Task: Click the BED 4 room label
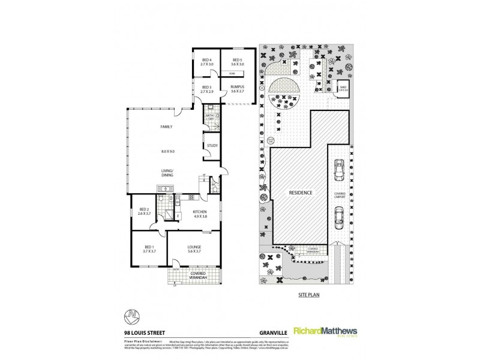(207, 61)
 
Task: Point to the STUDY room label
(212, 146)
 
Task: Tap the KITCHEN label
(200, 212)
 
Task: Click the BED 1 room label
(149, 247)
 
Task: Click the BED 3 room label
(207, 88)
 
